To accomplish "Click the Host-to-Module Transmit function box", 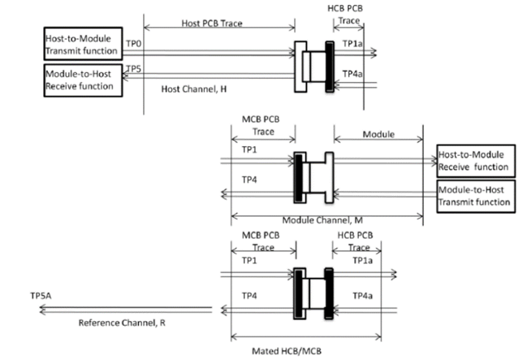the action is (83, 44).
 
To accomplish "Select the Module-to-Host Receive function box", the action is (83, 80).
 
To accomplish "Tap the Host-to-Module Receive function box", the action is (476, 161).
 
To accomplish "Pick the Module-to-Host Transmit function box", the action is (476, 196).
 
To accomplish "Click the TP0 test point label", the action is (134, 44).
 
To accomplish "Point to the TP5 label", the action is (134, 69).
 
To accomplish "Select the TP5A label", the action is (41, 296).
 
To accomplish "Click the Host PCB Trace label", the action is (212, 24).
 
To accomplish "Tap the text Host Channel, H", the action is (194, 89).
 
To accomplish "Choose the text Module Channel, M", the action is (322, 220).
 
